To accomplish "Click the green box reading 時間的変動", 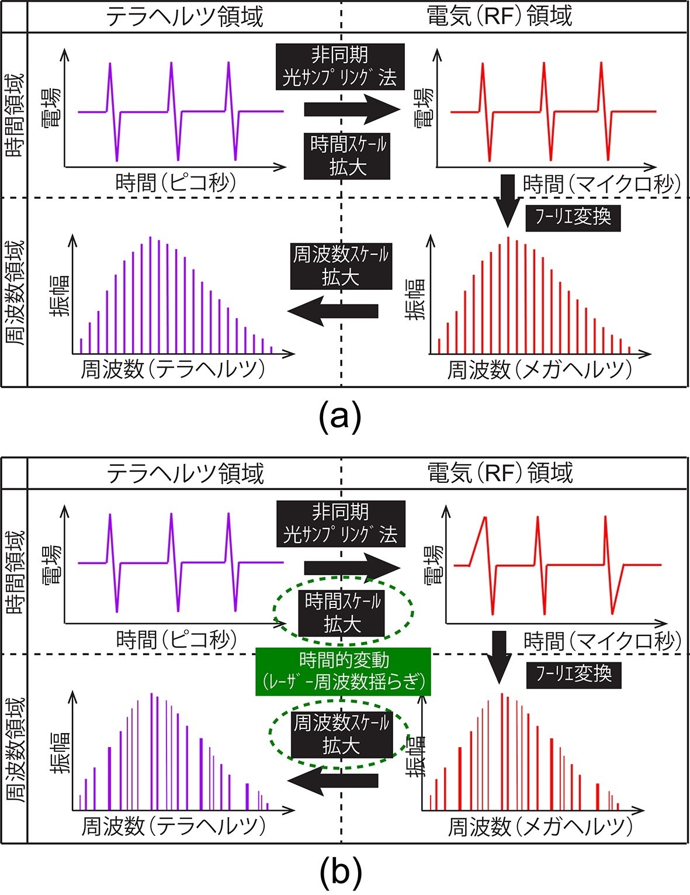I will (x=343, y=671).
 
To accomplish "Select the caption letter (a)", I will (x=341, y=417).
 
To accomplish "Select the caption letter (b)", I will (x=341, y=872).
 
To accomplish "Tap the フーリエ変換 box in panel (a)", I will (x=573, y=217).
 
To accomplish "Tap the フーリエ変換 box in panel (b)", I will (x=574, y=674).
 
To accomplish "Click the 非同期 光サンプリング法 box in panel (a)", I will (x=340, y=66).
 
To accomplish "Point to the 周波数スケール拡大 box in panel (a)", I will (x=341, y=266).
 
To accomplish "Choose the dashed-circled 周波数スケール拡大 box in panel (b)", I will (x=341, y=734).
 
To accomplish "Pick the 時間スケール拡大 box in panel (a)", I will (x=346, y=155).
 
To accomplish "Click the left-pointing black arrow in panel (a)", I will (x=333, y=310).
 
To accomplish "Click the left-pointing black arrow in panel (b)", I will (x=333, y=780).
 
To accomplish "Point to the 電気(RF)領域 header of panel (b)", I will (x=500, y=472).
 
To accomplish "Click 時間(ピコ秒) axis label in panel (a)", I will (x=176, y=184).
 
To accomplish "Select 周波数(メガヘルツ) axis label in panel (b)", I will (x=540, y=827).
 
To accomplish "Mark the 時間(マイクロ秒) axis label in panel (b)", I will (x=602, y=641).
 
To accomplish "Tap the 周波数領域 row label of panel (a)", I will (x=14, y=292).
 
